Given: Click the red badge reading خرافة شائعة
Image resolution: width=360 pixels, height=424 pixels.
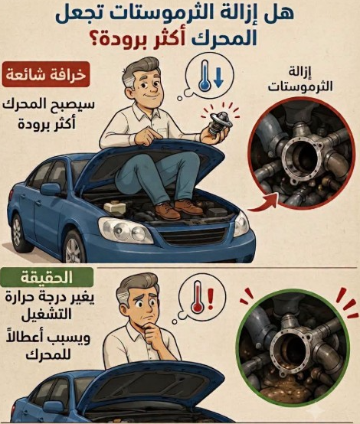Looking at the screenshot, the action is [46, 74].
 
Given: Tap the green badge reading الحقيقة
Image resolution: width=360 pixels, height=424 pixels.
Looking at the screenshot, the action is [47, 278].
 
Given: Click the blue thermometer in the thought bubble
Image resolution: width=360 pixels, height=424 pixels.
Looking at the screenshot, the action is [205, 76].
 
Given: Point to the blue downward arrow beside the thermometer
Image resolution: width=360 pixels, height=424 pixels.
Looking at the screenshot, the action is [218, 78].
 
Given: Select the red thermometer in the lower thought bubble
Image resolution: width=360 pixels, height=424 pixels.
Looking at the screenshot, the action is [197, 298].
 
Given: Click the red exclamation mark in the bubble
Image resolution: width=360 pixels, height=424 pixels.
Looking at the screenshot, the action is [211, 298].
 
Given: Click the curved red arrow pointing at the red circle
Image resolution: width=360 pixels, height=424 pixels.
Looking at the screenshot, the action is [263, 204].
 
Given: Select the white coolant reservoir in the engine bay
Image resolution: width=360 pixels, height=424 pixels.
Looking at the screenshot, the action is [115, 207].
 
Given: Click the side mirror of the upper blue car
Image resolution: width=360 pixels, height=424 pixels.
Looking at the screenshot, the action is [51, 189].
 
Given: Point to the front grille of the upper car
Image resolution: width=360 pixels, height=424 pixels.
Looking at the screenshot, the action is [193, 236].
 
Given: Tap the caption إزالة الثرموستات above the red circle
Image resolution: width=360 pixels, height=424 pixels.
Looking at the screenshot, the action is [300, 80].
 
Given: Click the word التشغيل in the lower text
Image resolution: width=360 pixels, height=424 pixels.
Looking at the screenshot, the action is [47, 315].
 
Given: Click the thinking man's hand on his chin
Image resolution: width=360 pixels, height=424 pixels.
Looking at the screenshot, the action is [154, 334].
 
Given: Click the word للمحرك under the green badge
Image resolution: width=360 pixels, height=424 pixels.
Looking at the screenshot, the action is [48, 354].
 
